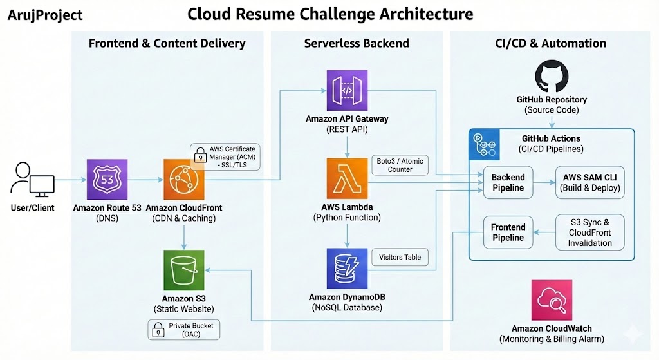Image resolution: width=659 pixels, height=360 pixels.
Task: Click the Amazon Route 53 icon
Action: click(x=107, y=179)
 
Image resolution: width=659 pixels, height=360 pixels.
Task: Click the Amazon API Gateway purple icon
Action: click(x=348, y=91)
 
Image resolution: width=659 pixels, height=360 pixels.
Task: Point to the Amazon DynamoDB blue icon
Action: click(x=348, y=269)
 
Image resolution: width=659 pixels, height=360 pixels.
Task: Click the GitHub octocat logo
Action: click(x=552, y=77)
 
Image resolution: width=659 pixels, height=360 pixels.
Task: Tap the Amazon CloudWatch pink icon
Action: click(x=552, y=300)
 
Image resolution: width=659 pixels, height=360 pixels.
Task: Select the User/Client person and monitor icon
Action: click(x=32, y=179)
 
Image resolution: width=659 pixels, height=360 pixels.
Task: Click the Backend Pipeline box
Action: click(x=508, y=182)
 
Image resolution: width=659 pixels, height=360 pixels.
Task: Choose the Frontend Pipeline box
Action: click(x=508, y=232)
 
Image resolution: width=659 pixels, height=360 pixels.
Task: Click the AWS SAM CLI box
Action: click(x=589, y=182)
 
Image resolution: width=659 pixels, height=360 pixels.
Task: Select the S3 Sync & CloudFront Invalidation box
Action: click(x=589, y=232)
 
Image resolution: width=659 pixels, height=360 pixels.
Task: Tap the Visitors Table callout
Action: click(x=400, y=257)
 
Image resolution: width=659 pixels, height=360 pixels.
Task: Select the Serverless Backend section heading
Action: click(x=356, y=44)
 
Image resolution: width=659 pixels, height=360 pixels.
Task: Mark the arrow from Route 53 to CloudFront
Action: click(x=145, y=179)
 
